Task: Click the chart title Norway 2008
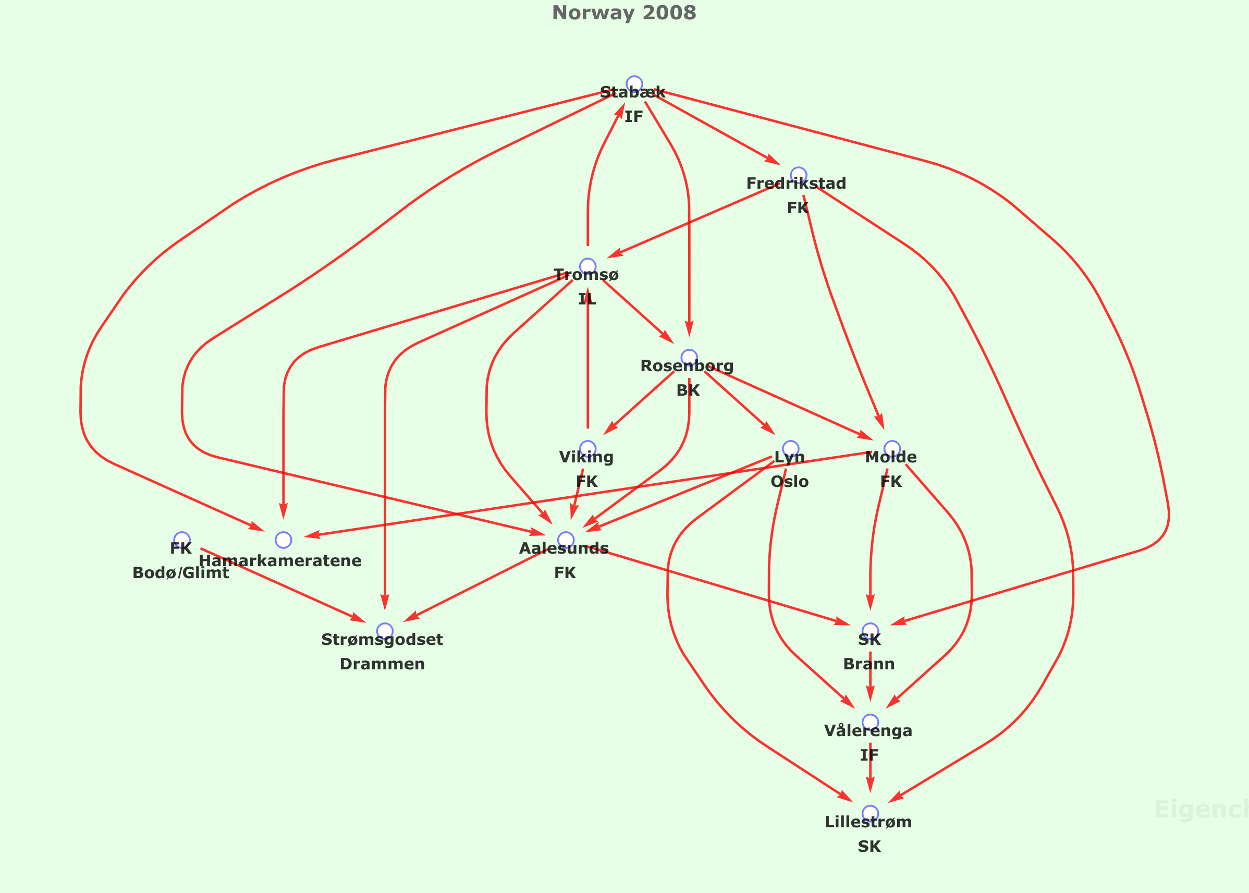pos(624,13)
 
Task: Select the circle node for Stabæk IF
pos(634,84)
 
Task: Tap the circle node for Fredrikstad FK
pos(798,175)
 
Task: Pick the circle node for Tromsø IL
pos(587,267)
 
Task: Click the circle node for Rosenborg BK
pos(689,358)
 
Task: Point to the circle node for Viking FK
pos(587,449)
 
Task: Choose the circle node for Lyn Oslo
pos(790,449)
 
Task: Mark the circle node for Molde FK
pos(892,449)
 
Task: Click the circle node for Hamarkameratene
pos(283,540)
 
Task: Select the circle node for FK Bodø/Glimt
pos(182,540)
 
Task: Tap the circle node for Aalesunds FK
pos(566,540)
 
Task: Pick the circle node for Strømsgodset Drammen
pos(385,631)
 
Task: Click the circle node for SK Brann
pos(870,631)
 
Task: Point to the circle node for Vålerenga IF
pos(870,722)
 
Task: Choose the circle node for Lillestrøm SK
pos(870,813)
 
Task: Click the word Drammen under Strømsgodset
pos(382,664)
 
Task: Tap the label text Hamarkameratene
pos(280,561)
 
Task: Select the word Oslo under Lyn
pos(789,482)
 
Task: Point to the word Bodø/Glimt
pos(181,573)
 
